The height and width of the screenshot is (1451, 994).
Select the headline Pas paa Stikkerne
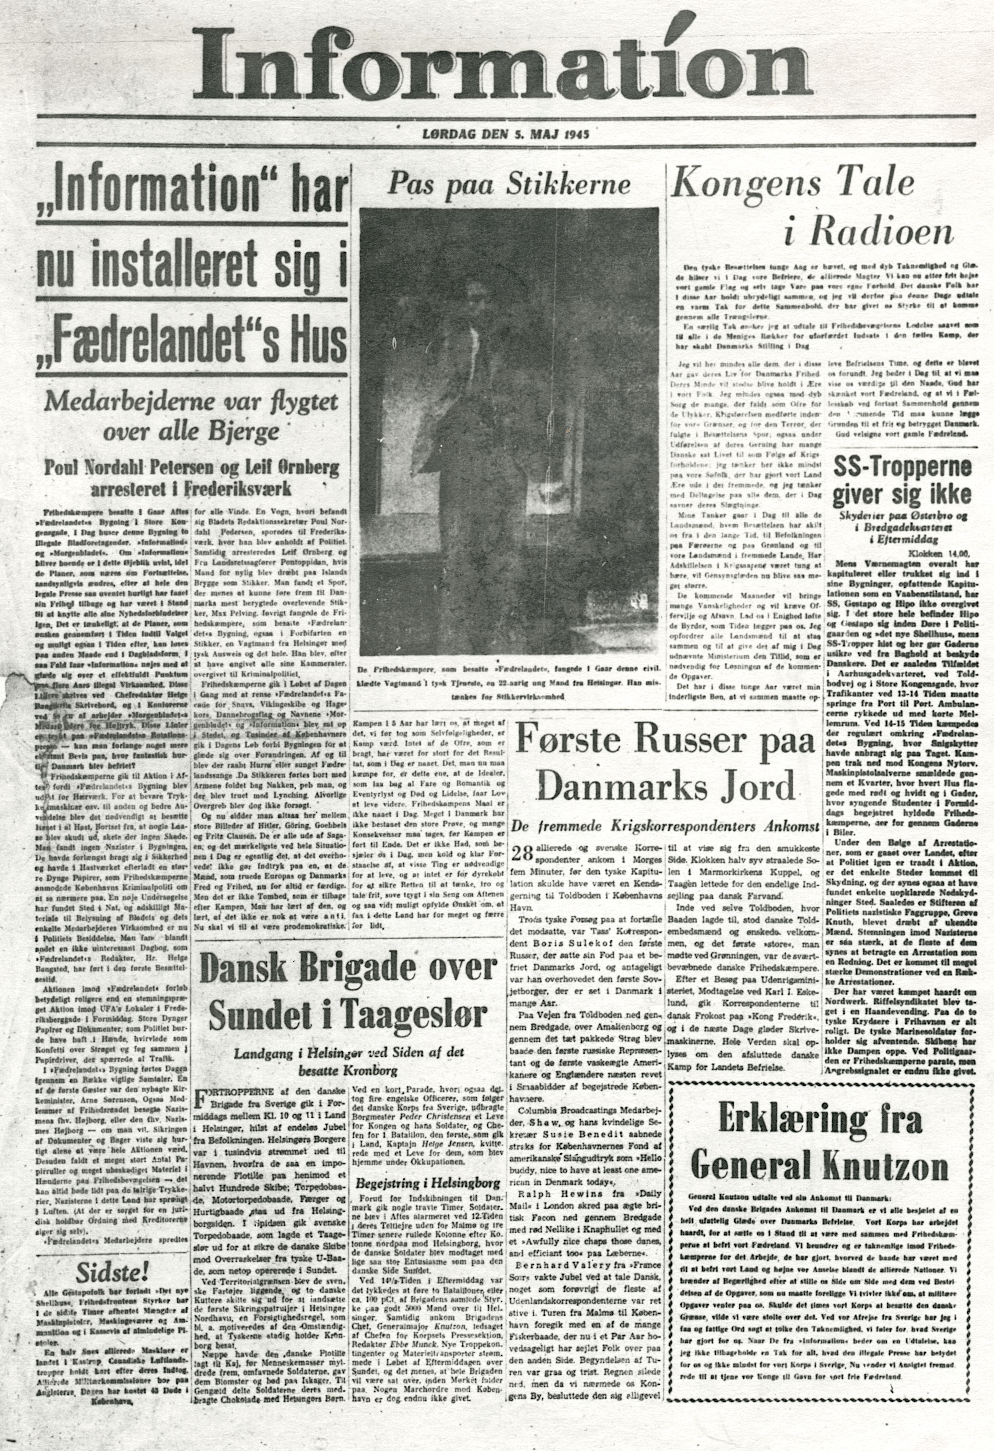coord(509,183)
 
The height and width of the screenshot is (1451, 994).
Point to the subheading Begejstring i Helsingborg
coord(428,1183)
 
